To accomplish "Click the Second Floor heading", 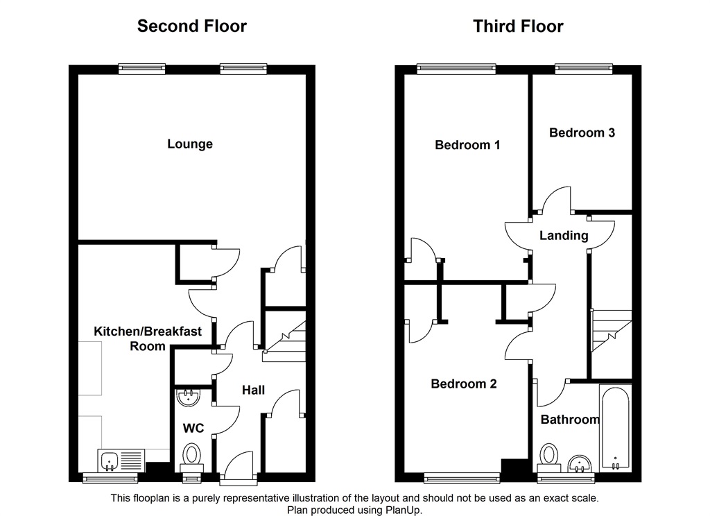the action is tap(191, 26).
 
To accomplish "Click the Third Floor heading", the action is tap(518, 26).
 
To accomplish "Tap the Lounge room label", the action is tap(190, 144).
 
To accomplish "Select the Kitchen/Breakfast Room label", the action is tap(148, 338).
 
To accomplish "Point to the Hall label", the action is tap(253, 390).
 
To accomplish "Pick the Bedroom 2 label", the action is tap(464, 384).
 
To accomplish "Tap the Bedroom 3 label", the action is tap(582, 132).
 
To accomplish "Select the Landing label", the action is tap(564, 236).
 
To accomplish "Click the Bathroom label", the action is tap(570, 420).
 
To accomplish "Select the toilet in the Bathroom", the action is tap(550, 456).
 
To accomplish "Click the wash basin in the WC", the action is tap(189, 397).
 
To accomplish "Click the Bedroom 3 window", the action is tap(584, 68).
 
